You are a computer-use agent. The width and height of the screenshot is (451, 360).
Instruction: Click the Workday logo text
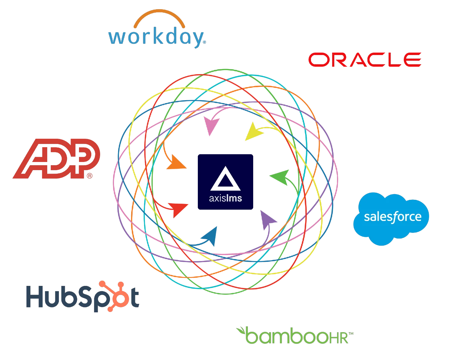pos(157,37)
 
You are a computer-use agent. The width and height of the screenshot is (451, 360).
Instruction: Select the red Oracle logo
pos(365,60)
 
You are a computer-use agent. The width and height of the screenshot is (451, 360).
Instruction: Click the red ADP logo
pos(56,158)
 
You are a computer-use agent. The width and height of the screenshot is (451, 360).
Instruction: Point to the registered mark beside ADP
pos(90,176)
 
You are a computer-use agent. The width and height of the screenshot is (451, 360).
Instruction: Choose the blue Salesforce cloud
pos(391,218)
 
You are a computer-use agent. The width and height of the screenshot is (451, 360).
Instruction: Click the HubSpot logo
pos(83,296)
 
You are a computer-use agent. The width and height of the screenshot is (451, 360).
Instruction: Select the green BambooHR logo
pos(295,335)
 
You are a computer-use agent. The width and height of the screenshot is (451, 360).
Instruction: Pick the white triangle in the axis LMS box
pos(226,179)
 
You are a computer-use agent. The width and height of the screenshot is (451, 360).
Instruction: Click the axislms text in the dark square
pos(226,198)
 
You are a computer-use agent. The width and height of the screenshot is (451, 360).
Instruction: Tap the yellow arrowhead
pos(253,132)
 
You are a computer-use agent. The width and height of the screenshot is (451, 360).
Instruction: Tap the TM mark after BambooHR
pos(351,334)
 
